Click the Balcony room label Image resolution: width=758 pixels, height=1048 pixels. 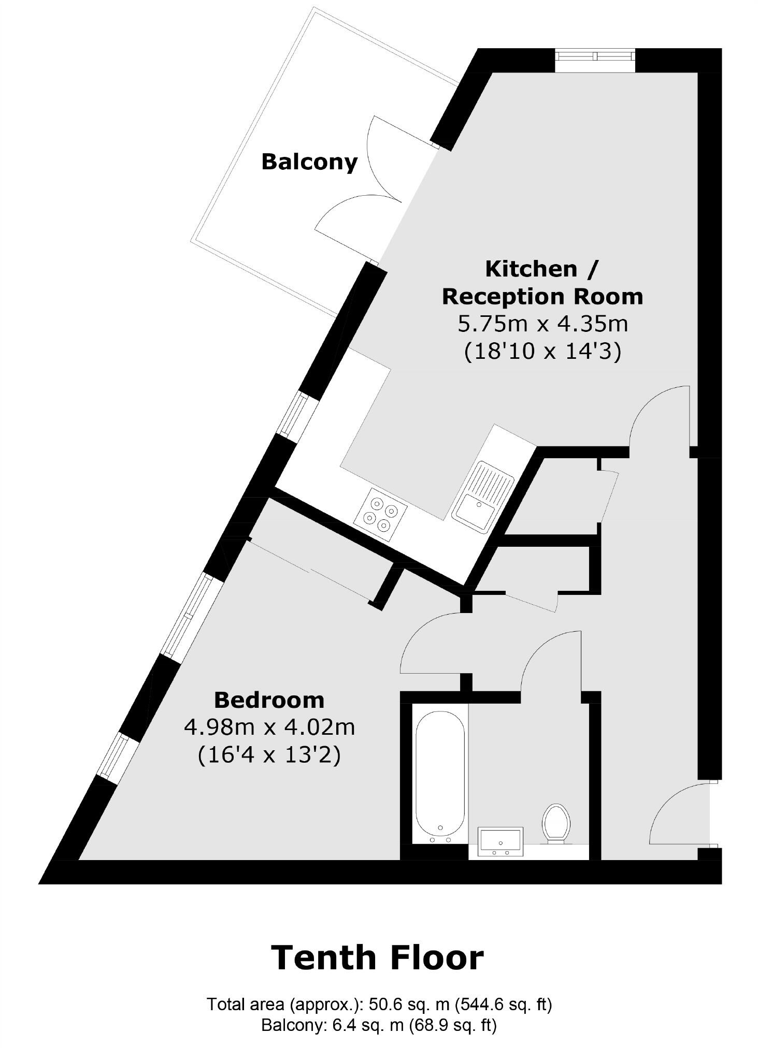pos(309,162)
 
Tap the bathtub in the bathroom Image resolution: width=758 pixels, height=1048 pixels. pos(440,777)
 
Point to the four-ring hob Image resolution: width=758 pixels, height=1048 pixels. pos(380,514)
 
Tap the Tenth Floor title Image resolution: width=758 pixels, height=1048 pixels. pos(377,957)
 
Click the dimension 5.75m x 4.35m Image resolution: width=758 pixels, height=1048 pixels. pos(542,324)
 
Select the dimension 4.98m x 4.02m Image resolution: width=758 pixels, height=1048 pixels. pos(269,727)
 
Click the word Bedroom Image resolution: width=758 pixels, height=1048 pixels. pos(269,700)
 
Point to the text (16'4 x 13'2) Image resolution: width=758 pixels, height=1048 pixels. pos(269,755)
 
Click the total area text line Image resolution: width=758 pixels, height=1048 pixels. pos(379,1005)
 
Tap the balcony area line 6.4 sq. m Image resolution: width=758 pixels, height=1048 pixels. pos(379,1025)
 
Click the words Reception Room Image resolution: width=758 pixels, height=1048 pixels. pos(542,297)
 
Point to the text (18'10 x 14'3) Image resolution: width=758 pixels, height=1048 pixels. pos(542,352)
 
